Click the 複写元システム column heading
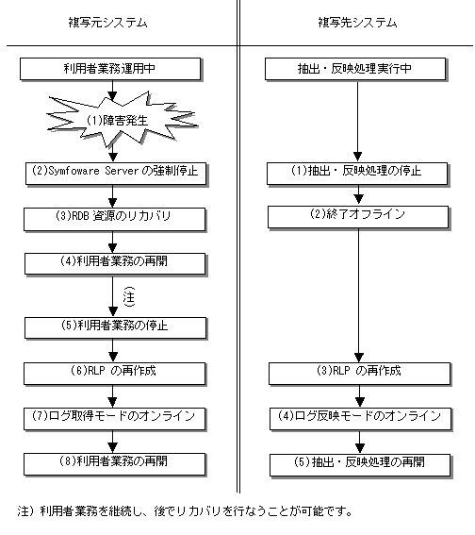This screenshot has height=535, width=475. (x=107, y=23)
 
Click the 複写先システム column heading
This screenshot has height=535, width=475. (x=357, y=23)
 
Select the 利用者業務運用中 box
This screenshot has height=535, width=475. (x=110, y=69)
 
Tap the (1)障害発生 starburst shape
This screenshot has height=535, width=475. (x=122, y=118)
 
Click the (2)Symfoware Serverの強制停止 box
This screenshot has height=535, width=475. (x=116, y=174)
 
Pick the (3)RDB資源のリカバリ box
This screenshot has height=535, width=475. (x=114, y=219)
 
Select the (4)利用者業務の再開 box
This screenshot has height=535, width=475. (x=115, y=264)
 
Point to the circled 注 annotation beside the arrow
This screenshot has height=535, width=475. (x=129, y=297)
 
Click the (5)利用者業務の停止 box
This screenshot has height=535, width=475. (x=115, y=328)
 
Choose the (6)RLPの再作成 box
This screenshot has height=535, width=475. (x=114, y=374)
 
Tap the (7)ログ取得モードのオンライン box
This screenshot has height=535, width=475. (x=114, y=419)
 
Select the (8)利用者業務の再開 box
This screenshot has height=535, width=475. (x=114, y=464)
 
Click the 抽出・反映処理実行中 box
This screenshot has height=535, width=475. (x=355, y=69)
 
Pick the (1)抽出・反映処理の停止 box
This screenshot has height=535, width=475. (x=357, y=174)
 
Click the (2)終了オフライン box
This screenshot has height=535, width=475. (x=358, y=217)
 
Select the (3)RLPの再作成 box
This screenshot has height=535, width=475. (x=359, y=374)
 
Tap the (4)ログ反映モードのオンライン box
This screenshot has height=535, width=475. (x=361, y=419)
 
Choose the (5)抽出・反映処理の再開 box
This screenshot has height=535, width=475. (x=361, y=465)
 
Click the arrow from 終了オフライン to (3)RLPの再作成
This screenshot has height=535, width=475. (x=358, y=295)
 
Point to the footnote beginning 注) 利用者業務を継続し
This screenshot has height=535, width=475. (x=185, y=511)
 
